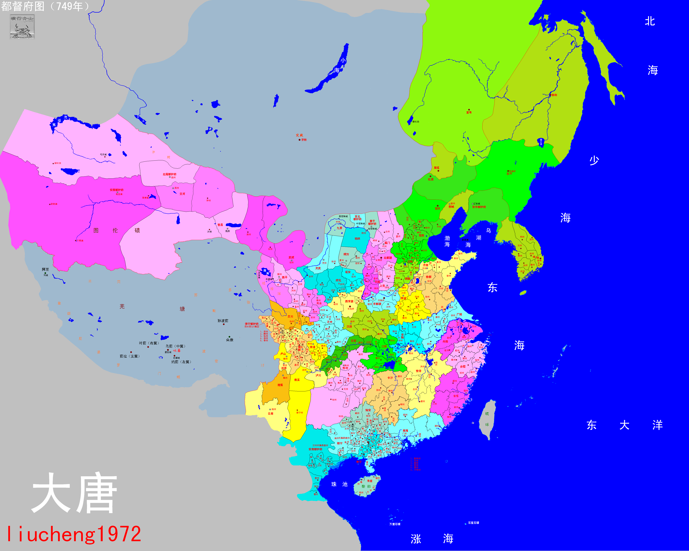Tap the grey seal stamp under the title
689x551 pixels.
click(22, 27)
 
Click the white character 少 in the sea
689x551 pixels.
click(594, 160)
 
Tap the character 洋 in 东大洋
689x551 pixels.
click(657, 425)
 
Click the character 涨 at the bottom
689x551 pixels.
click(416, 539)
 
